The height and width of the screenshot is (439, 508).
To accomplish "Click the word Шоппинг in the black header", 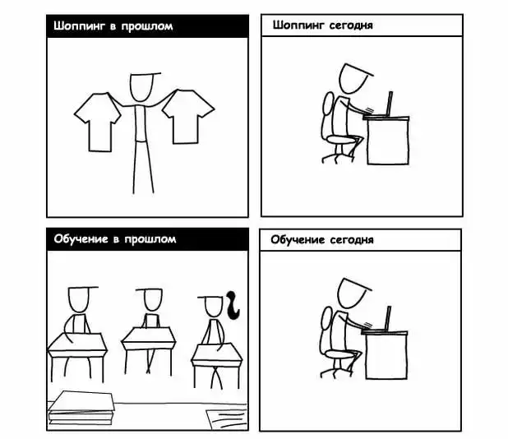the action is coord(80,26).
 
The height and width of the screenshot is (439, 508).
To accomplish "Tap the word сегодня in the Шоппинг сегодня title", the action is coord(351,25).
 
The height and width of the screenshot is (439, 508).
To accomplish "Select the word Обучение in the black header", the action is coord(81,239).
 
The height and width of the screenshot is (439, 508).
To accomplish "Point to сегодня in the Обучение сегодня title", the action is coord(352,240).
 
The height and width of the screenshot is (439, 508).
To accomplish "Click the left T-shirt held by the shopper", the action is coord(98,122).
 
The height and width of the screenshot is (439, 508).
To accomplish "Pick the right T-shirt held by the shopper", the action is coord(187,116).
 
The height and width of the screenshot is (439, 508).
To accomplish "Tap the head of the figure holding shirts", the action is coord(141,87).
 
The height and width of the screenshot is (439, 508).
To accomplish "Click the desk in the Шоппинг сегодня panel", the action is coord(387,140).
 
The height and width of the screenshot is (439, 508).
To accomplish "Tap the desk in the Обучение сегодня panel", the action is coord(386,354).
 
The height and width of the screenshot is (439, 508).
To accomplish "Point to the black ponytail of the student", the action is coord(233,305).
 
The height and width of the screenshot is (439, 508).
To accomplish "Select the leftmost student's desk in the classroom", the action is coord(77,356).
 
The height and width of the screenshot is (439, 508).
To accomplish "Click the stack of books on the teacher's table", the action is coord(81,408).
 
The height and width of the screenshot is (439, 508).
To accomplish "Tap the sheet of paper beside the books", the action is coord(227,419).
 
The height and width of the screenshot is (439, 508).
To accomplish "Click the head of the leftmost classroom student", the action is coord(78,300).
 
